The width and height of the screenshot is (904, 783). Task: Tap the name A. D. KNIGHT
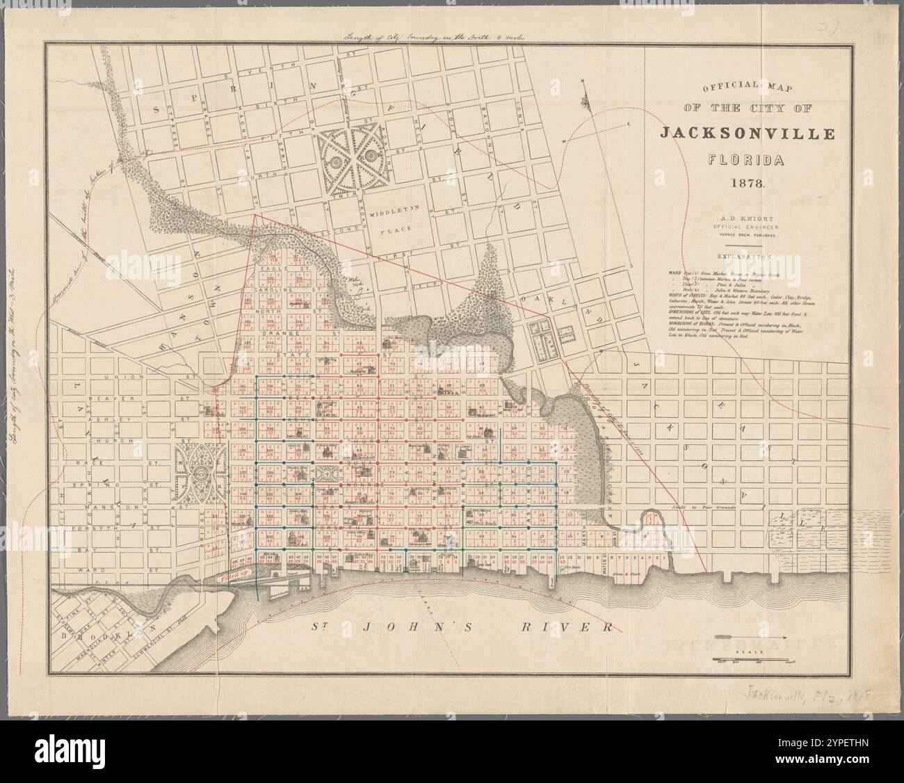pyautogui.click(x=747, y=218)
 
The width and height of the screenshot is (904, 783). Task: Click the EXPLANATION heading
pyautogui.click(x=747, y=257)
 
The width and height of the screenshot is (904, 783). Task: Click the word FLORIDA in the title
pyautogui.click(x=746, y=161)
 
